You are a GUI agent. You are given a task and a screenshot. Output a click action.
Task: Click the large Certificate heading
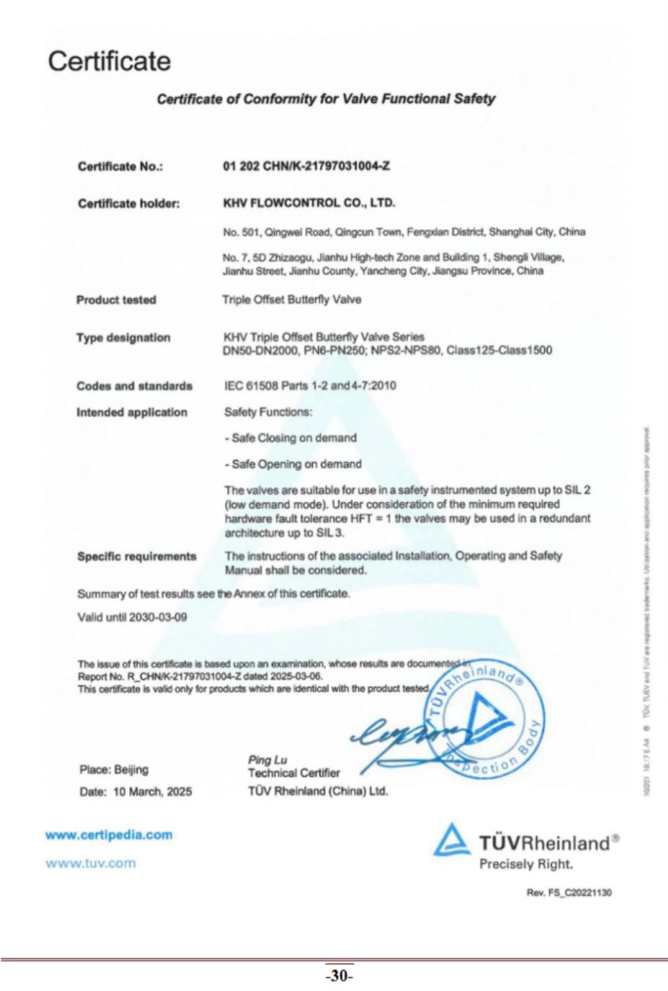coord(110,61)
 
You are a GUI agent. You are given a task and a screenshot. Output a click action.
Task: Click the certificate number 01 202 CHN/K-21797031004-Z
coord(307,166)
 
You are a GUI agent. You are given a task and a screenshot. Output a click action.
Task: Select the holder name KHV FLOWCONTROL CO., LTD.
coord(309,203)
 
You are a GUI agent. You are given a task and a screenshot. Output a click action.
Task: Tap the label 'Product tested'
coord(116,300)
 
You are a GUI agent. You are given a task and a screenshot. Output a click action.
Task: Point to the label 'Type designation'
coord(123,337)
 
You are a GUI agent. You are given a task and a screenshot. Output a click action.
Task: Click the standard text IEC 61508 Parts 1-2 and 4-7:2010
coord(310,385)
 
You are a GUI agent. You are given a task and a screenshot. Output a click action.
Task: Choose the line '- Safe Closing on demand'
coord(290,438)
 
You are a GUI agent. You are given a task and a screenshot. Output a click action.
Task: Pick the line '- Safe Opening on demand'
coord(293,464)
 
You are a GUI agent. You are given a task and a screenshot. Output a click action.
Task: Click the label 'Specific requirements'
coord(136,556)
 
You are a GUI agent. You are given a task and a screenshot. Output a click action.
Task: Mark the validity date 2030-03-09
coord(158,617)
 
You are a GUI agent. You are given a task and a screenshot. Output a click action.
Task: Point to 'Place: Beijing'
coord(114,769)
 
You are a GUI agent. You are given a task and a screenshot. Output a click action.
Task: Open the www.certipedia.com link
coord(109,835)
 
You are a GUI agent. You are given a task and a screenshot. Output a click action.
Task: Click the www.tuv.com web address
coord(90,863)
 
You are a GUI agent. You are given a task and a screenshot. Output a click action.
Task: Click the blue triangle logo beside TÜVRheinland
coord(452,840)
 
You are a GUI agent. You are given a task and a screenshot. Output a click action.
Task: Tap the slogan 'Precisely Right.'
coord(526,864)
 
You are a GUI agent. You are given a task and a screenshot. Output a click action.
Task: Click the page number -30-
coord(339,976)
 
